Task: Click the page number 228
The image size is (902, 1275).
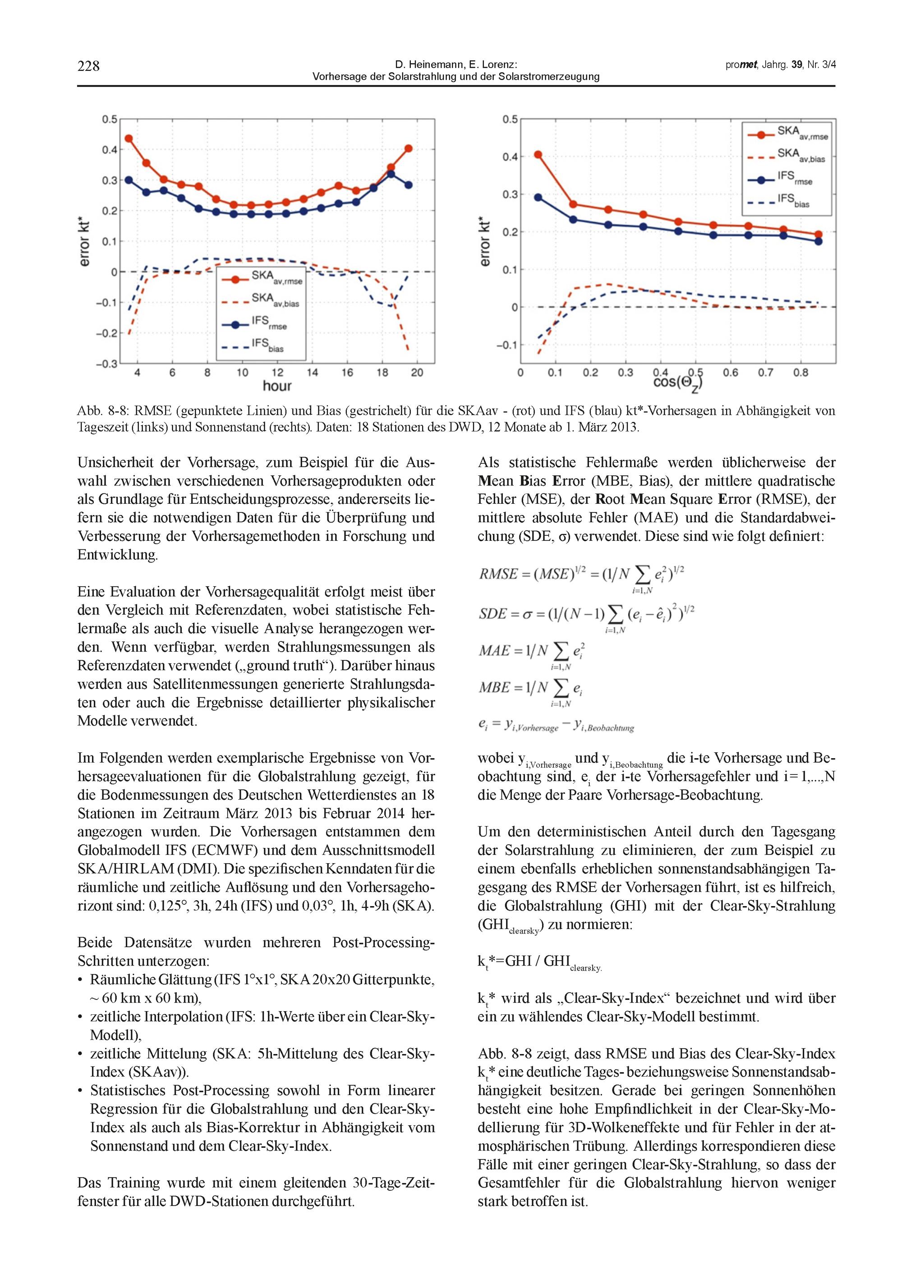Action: pyautogui.click(x=88, y=66)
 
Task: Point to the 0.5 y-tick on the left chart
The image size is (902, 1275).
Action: pyautogui.click(x=110, y=120)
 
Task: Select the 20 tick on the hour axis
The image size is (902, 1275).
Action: pyautogui.click(x=417, y=373)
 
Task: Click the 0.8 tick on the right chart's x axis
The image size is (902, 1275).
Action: pyautogui.click(x=801, y=373)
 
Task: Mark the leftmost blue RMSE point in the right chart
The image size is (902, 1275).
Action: pyautogui.click(x=538, y=197)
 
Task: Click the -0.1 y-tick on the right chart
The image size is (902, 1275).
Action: pyautogui.click(x=506, y=345)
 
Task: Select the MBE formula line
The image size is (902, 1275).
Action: pyautogui.click(x=530, y=689)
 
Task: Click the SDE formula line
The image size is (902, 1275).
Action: pyautogui.click(x=586, y=615)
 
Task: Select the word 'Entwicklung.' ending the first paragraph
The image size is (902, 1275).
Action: pyautogui.click(x=118, y=555)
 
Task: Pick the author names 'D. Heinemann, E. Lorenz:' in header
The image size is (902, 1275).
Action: pyautogui.click(x=456, y=65)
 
